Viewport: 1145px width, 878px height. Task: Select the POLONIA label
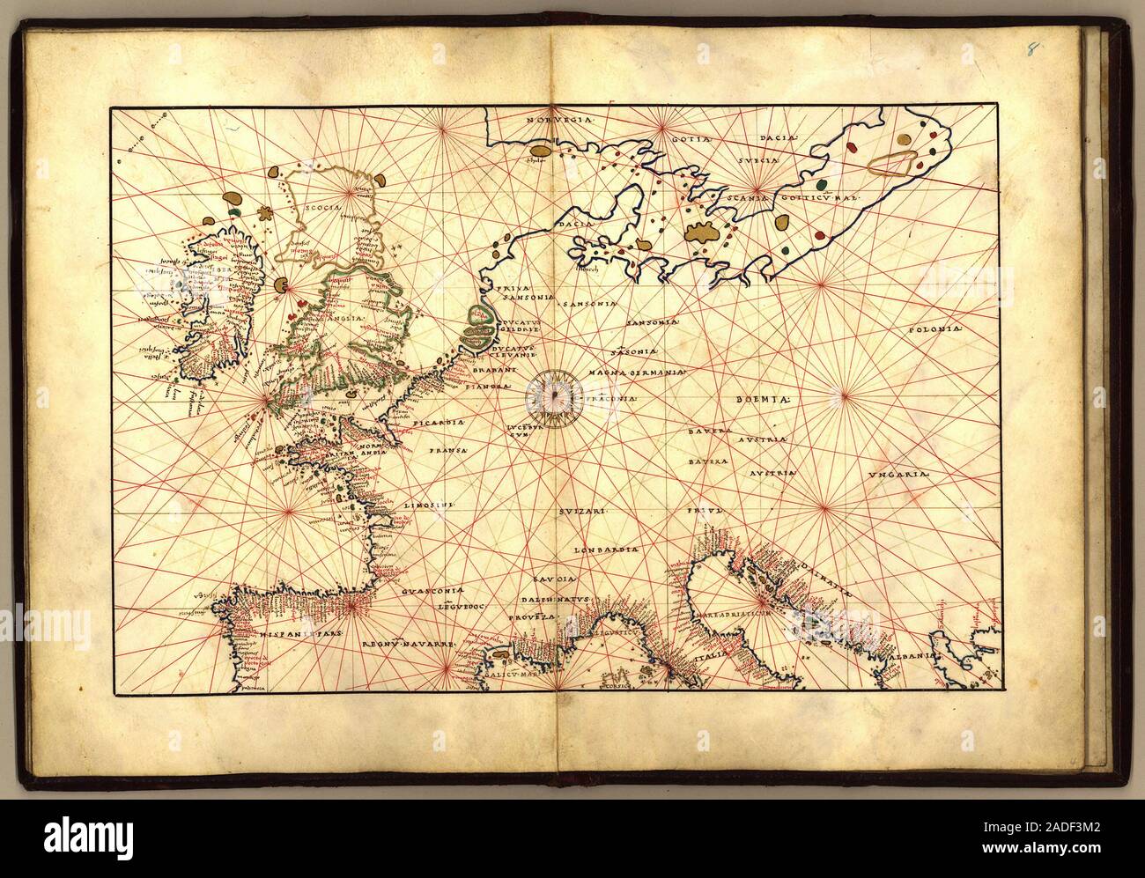[x=934, y=330]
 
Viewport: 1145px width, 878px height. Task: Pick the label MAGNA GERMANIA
[x=645, y=373]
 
